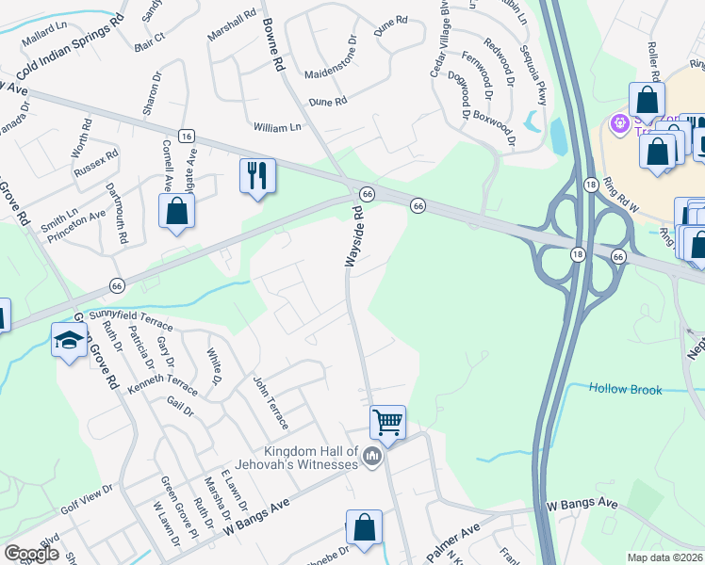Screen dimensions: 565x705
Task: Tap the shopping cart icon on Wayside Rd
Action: pos(387,422)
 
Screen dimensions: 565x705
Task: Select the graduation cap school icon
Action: pos(68,341)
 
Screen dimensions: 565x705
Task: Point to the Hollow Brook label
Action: pos(626,388)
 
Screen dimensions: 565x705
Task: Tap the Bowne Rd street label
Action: pos(273,49)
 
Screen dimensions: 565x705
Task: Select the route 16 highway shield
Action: pos(186,136)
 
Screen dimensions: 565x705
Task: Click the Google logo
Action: pos(32,554)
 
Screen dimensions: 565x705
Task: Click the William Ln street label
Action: pos(276,126)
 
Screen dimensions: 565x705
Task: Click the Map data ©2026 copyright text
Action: pos(662,557)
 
